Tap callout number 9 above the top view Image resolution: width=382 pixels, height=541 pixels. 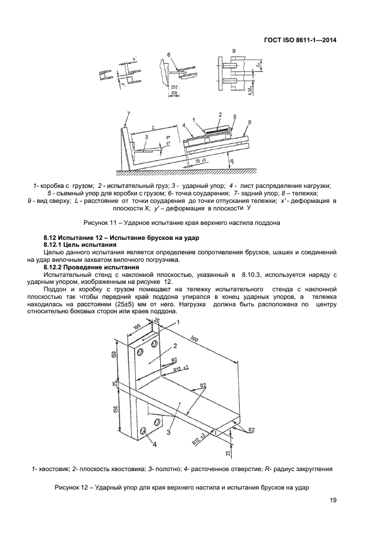pyautogui.click(x=233, y=51)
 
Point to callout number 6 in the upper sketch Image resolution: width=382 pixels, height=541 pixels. pyautogui.click(x=169, y=55)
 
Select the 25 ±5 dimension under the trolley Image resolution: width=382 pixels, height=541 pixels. pyautogui.click(x=201, y=160)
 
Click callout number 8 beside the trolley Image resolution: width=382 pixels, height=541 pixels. pyautogui.click(x=249, y=122)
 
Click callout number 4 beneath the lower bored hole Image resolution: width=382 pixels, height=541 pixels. pyautogui.click(x=154, y=444)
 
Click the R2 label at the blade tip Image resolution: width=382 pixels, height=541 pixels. pyautogui.click(x=251, y=429)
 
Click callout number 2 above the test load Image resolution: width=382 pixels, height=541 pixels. pyautogui.click(x=220, y=114)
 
